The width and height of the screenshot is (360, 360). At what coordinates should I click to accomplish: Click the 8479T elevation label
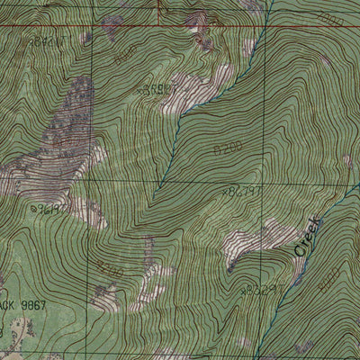242,191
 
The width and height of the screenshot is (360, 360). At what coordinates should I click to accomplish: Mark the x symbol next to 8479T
224,191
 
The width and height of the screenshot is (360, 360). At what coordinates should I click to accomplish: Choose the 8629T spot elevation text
262,290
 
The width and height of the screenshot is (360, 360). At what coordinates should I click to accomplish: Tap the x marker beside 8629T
243,290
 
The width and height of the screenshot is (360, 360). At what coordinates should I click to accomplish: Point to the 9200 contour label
109,268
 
